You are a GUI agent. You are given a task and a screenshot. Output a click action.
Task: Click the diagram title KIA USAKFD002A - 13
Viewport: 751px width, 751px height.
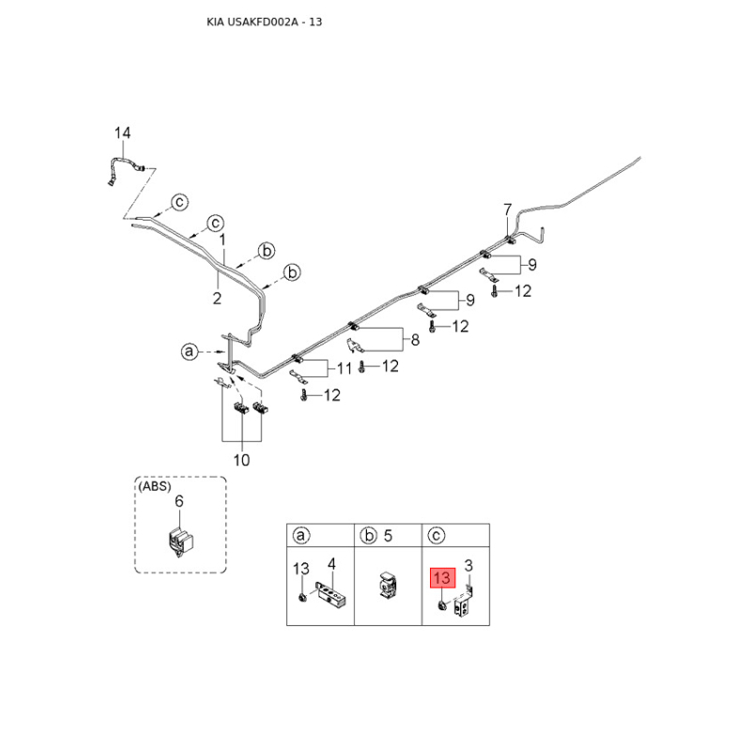tap(264, 22)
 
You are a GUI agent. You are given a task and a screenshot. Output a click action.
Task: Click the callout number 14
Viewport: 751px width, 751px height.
tap(122, 132)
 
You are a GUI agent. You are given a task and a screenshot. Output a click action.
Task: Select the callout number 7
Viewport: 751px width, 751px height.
tap(508, 209)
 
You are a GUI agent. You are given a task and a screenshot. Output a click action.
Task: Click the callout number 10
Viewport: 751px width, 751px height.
tap(241, 460)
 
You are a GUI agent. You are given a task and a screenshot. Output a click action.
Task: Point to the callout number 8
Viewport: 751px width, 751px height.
tap(415, 340)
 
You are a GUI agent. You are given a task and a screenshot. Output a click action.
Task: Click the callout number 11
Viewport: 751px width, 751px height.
tap(344, 368)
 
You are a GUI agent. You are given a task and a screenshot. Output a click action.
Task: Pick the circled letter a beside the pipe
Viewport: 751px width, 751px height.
tap(190, 351)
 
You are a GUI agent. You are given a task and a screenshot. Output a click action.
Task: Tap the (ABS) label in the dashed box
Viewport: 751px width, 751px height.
tap(155, 486)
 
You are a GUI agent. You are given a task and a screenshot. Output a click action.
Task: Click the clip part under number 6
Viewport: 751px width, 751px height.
tap(179, 542)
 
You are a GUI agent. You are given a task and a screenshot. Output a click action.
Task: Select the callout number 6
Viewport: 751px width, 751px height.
tap(178, 501)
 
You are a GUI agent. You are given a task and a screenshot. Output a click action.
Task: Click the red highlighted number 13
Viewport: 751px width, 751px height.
tap(442, 577)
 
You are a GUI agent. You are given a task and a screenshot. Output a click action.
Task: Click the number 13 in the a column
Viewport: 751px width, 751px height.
tap(300, 569)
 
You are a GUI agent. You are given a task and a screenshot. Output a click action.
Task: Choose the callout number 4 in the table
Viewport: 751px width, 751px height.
tap(331, 564)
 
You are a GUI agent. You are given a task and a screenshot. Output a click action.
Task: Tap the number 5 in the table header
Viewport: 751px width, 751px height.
tap(388, 535)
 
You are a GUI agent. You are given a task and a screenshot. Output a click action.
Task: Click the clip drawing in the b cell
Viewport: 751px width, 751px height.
tap(388, 584)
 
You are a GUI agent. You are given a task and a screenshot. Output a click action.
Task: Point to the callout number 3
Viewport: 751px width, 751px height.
tap(468, 566)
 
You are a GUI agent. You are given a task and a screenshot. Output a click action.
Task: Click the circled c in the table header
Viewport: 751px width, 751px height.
tap(436, 535)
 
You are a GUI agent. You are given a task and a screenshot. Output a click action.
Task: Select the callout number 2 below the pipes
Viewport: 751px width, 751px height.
tap(217, 299)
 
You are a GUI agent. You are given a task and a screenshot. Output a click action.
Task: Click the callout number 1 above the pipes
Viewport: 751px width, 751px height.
tap(222, 239)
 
